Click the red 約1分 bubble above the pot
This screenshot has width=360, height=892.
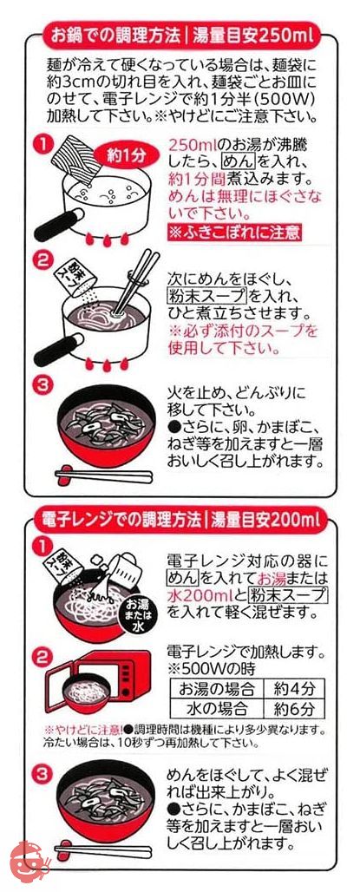[125, 156]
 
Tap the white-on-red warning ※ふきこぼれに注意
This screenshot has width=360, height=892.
[233, 232]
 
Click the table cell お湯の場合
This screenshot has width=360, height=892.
[217, 689]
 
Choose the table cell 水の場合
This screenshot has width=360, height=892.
[217, 709]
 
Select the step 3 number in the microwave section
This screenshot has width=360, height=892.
[43, 774]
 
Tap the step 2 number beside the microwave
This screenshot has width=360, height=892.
[43, 658]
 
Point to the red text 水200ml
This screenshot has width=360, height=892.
[198, 595]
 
